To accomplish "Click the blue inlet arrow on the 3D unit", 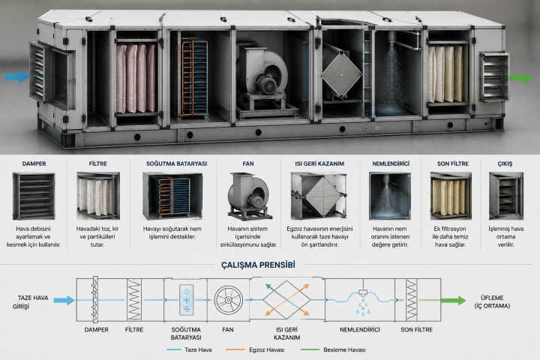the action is tap(17, 76).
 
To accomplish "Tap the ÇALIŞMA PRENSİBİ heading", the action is tap(258, 265).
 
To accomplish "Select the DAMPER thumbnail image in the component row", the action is tap(34, 196).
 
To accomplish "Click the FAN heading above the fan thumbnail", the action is tap(248, 163).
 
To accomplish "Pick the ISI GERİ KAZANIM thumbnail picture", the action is tap(319, 196).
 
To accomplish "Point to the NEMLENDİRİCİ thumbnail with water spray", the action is tap(390, 196).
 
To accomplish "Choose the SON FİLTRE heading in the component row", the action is tap(453, 163).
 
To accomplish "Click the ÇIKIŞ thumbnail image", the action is tap(506, 196).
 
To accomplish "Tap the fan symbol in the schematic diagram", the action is tap(228, 300).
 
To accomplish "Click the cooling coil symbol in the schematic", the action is tap(186, 300).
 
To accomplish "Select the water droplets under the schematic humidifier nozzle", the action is tap(363, 307).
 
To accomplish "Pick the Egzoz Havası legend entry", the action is tap(255, 349).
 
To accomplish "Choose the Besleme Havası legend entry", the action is tap(333, 349).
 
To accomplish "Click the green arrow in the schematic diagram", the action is tap(453, 300).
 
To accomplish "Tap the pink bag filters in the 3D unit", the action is tap(136, 79).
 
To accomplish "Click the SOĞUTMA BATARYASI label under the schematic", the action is tap(186, 334).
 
